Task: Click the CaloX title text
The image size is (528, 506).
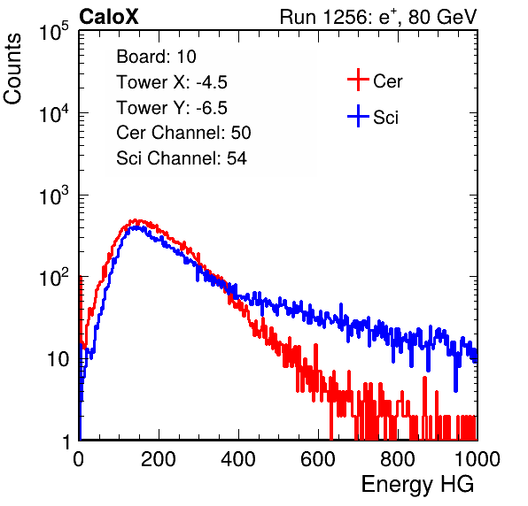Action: (109, 17)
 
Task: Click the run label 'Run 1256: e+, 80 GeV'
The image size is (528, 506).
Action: (378, 17)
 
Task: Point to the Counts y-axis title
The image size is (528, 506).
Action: (12, 69)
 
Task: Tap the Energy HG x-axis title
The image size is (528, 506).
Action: (417, 484)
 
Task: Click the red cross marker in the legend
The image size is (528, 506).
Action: (358, 80)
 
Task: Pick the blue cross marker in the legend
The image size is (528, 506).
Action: (358, 116)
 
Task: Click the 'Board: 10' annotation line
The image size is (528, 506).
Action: (156, 56)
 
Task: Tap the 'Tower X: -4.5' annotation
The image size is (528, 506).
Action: (172, 82)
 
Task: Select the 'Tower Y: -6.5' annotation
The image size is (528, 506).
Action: (172, 108)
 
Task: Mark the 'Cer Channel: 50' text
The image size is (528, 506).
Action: (183, 133)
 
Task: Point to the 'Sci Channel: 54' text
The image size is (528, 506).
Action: (182, 158)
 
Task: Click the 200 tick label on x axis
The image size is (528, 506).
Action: (159, 459)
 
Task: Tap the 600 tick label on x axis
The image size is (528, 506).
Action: (318, 459)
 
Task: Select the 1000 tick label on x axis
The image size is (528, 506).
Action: (478, 459)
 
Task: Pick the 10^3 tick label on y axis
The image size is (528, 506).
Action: (54, 195)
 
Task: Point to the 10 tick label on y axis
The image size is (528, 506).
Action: (58, 359)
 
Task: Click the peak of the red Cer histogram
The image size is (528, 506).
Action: (135, 220)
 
